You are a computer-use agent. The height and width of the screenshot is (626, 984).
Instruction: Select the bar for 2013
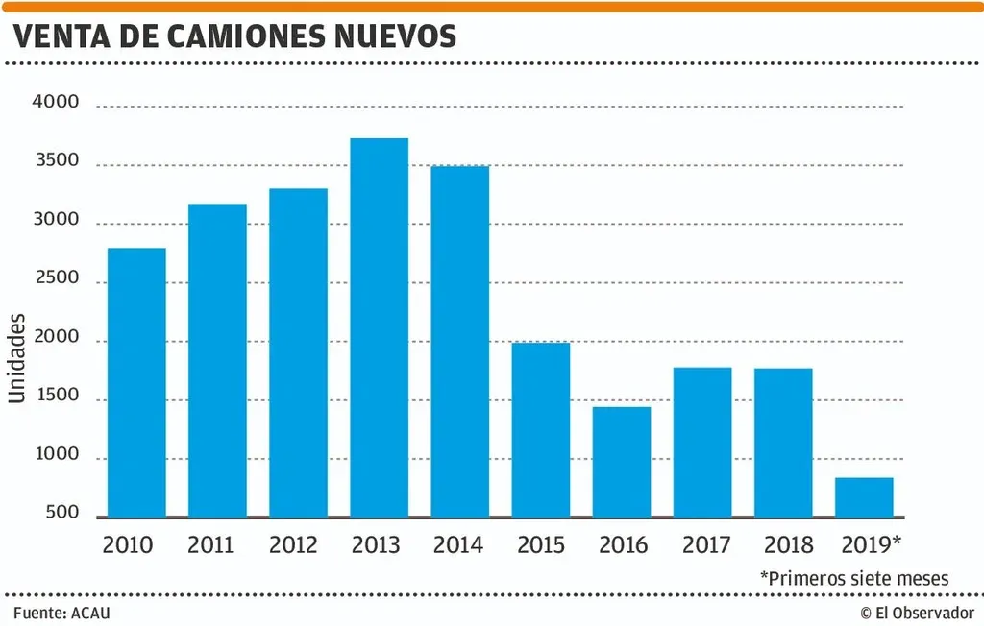tap(379, 327)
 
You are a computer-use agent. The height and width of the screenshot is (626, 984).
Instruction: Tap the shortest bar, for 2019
tap(864, 497)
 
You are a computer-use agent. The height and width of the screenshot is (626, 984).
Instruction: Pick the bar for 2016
tap(621, 462)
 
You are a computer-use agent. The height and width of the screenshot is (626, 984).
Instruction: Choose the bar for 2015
tap(540, 429)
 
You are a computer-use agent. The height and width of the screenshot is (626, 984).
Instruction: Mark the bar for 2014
tap(459, 342)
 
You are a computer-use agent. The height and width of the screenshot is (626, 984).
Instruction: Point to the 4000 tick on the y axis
tap(55, 103)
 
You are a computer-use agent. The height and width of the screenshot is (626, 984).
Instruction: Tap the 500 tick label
tap(61, 514)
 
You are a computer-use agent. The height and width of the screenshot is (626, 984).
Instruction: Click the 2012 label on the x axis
tap(293, 545)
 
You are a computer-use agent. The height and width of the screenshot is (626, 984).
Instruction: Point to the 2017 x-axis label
tap(706, 545)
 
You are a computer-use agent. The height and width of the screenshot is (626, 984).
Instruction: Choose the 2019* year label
tap(871, 545)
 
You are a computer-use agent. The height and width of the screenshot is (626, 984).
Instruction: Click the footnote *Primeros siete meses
tap(854, 578)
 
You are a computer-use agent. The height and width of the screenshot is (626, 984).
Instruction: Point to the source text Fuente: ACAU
tap(55, 612)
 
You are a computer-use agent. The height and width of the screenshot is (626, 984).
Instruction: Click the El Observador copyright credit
tap(917, 612)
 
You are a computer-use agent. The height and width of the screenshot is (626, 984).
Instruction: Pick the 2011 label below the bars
tap(210, 545)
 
